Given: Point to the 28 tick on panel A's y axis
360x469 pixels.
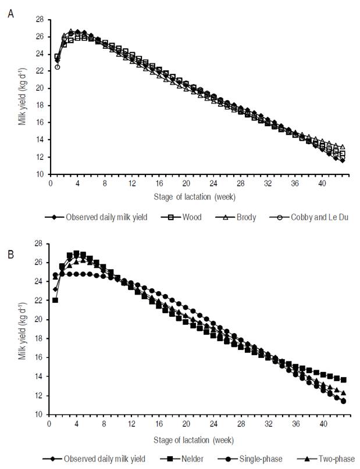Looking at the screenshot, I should tap(40, 19).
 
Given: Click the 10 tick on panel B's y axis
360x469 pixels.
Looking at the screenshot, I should tap(40, 414).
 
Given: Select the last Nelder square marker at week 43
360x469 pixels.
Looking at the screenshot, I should tap(343, 380).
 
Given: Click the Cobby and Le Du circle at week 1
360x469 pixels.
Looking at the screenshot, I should tap(57, 67).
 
